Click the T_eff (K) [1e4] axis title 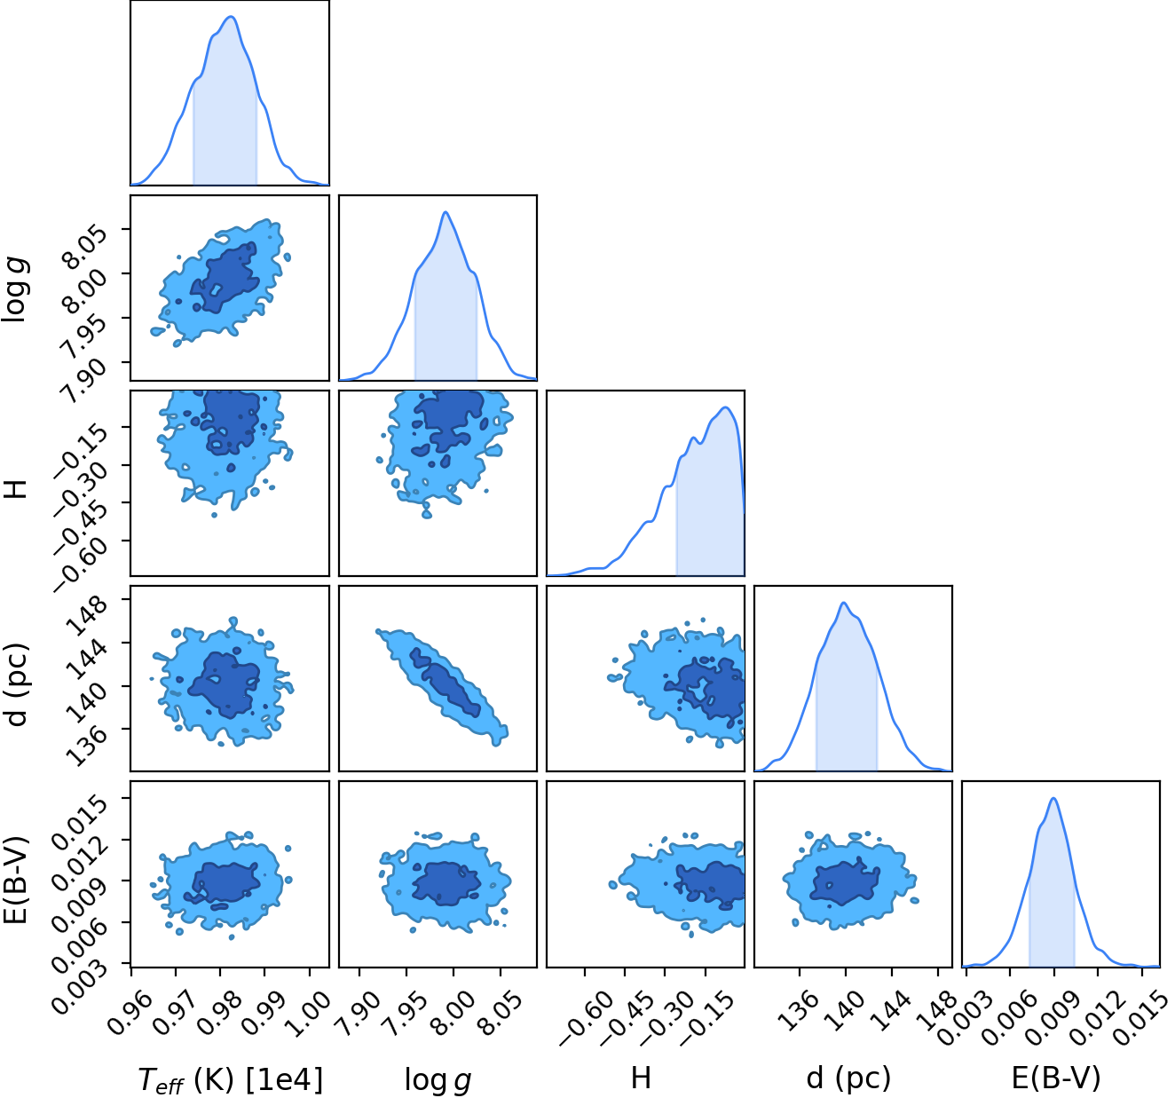tap(230, 1079)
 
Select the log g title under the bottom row tap(438, 1079)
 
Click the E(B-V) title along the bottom tap(1056, 1078)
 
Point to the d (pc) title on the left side tap(17, 683)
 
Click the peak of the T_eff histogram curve tap(232, 17)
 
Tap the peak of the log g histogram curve tap(446, 212)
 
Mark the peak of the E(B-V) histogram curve tap(1053, 799)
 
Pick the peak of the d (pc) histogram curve tap(844, 603)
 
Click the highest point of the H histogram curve tap(726, 407)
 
